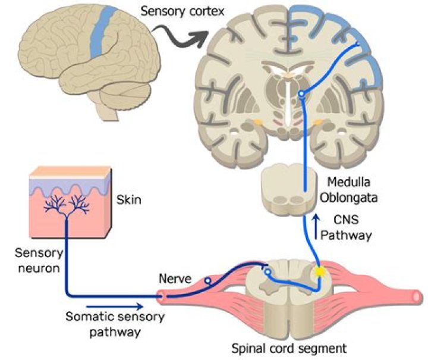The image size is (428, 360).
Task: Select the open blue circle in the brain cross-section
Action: (302, 94)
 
